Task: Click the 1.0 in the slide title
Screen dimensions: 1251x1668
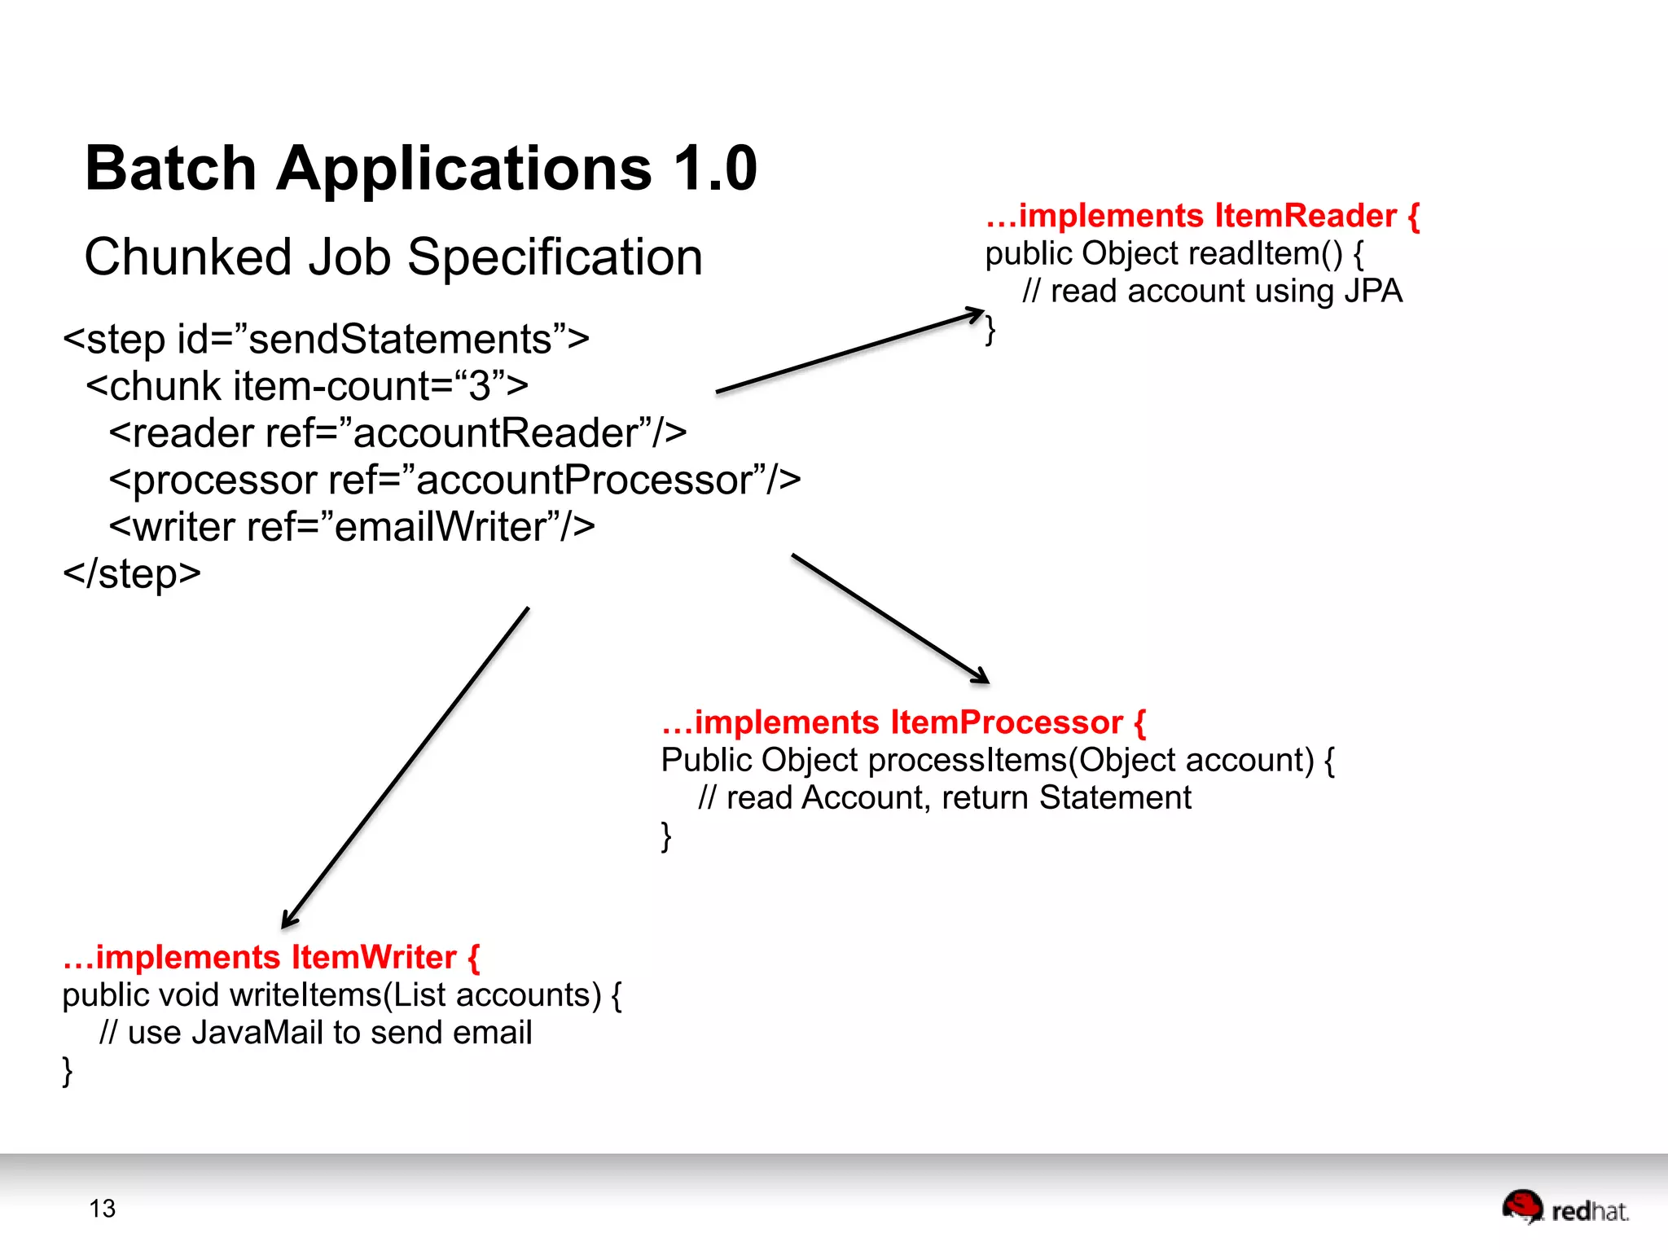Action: click(x=716, y=169)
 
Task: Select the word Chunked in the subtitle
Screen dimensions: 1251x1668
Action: click(x=188, y=257)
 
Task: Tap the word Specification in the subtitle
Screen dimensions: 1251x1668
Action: click(x=555, y=257)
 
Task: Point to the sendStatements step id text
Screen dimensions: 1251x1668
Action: click(x=400, y=339)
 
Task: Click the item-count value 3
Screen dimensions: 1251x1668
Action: click(x=480, y=386)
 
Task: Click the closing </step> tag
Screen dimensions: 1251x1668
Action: click(x=132, y=573)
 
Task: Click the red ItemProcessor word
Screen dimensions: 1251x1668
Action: click(x=1007, y=722)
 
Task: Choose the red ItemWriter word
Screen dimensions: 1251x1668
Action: click(x=374, y=957)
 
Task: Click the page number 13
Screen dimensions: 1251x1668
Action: click(x=103, y=1209)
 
